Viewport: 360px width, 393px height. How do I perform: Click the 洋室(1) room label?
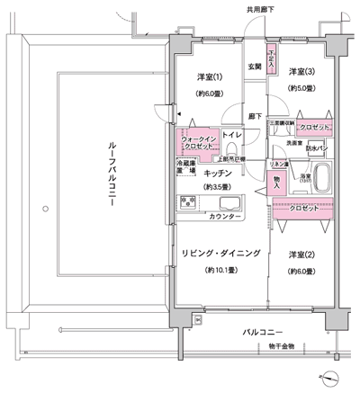(x=209, y=77)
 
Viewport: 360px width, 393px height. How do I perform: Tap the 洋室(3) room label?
(x=301, y=71)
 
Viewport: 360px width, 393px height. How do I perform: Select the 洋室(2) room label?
(x=301, y=255)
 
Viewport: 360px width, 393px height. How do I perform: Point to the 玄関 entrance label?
(x=255, y=67)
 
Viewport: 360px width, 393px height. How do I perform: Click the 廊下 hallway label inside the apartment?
(x=255, y=116)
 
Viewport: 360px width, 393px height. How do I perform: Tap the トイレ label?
(x=231, y=135)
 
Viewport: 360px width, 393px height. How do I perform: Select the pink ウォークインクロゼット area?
(x=196, y=141)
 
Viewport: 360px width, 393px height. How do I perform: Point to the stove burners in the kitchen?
(x=188, y=202)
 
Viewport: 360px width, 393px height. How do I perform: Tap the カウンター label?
(x=224, y=218)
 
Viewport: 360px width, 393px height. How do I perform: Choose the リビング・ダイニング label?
(x=220, y=255)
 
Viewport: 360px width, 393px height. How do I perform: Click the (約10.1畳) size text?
(x=220, y=271)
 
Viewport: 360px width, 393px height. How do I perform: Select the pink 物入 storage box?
(x=277, y=180)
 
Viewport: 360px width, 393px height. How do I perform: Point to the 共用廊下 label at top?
(x=261, y=9)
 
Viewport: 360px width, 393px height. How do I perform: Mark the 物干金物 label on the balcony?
(x=281, y=346)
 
